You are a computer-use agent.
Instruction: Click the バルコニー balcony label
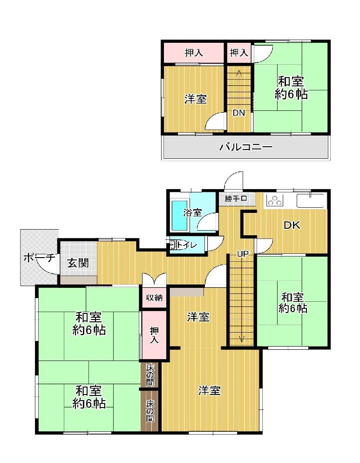click(x=246, y=148)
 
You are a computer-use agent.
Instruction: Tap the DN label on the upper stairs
click(x=239, y=113)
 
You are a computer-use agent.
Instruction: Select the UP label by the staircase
click(x=243, y=254)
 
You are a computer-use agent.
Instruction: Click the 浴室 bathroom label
click(x=192, y=213)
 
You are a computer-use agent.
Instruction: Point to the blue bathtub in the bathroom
click(x=179, y=215)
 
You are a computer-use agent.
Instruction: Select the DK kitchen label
click(x=292, y=225)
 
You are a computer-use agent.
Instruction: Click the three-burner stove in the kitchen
click(x=274, y=201)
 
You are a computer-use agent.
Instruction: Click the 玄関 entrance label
click(x=77, y=263)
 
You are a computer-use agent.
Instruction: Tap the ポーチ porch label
click(x=39, y=258)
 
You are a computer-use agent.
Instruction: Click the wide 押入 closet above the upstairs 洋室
click(x=194, y=53)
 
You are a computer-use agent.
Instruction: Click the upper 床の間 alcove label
click(x=150, y=375)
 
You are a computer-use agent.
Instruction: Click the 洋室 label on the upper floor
click(x=195, y=99)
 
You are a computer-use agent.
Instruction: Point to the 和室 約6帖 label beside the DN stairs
click(x=291, y=88)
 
